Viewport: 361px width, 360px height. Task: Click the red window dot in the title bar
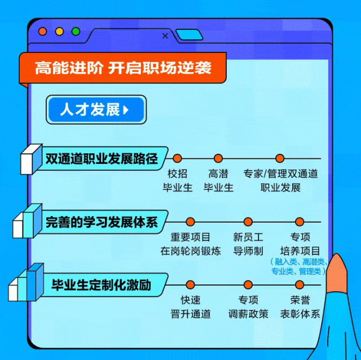click(x=42, y=32)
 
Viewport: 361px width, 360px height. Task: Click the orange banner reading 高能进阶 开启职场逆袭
click(x=123, y=68)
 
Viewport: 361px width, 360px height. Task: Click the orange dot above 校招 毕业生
click(x=177, y=158)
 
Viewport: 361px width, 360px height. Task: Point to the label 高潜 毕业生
click(x=218, y=180)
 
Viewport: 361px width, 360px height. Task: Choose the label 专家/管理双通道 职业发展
click(x=280, y=180)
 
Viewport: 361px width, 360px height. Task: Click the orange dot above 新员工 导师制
click(x=248, y=222)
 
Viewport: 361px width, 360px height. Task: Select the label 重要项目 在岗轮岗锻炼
click(x=190, y=244)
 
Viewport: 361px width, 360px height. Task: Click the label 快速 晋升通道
click(x=190, y=306)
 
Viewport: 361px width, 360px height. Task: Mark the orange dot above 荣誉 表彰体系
click(x=300, y=285)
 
